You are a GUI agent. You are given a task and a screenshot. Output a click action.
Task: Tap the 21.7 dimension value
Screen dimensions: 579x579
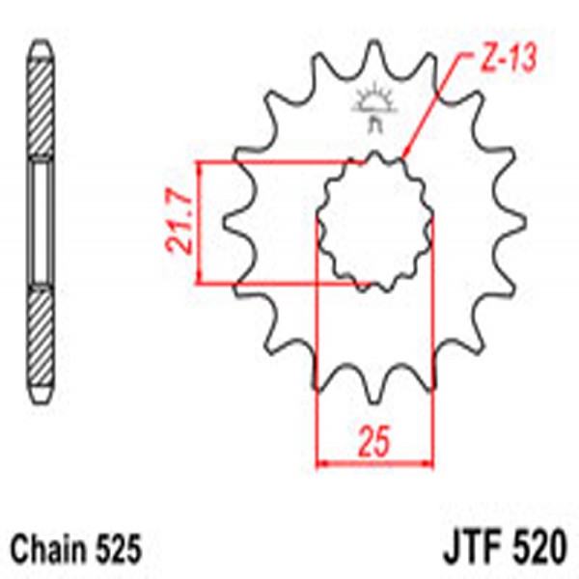point(179,226)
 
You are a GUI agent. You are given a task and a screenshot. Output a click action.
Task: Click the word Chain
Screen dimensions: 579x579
point(49,551)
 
